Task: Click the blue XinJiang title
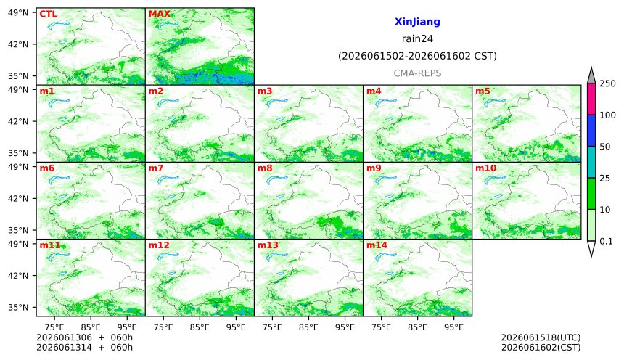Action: coord(417,22)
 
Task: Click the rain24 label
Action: coord(417,39)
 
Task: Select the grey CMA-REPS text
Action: coord(417,73)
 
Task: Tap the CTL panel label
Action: coord(48,14)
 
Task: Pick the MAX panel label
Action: coord(159,14)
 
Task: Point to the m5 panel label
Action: coord(483,91)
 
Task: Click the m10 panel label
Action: coord(485,168)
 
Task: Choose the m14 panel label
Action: coord(377,245)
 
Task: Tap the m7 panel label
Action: coord(156,168)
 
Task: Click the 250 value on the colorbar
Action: coord(607,83)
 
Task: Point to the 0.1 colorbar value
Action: coord(606,241)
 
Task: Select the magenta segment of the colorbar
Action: coord(591,99)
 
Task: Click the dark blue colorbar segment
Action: coord(591,131)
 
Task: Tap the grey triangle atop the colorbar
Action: coord(591,76)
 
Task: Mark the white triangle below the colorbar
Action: coord(591,247)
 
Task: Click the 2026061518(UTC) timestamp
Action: coord(541,337)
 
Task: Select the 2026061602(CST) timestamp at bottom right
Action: coord(541,348)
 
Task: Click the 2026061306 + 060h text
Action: coord(84,337)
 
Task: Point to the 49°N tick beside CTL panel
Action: coord(18,13)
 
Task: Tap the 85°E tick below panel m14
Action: coord(417,327)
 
